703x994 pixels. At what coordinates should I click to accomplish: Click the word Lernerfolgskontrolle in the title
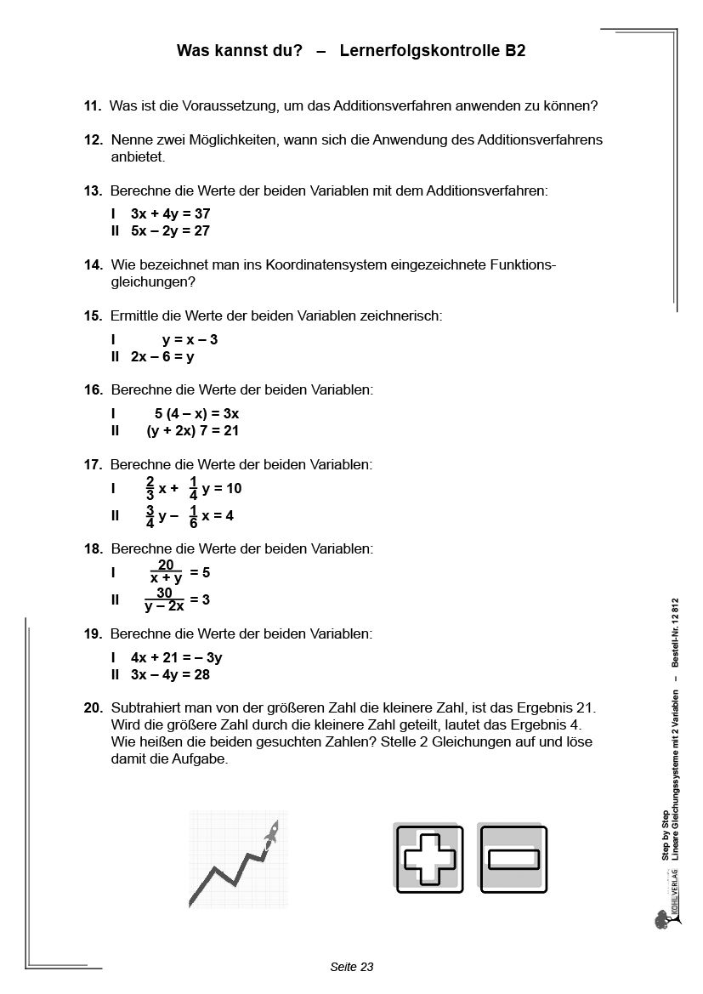pyautogui.click(x=420, y=51)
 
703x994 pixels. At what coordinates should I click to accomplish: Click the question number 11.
pyautogui.click(x=93, y=106)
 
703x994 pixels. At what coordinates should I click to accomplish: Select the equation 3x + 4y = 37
pyautogui.click(x=170, y=213)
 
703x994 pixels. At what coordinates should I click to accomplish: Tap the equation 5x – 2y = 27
pyautogui.click(x=170, y=230)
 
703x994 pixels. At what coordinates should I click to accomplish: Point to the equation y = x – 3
pyautogui.click(x=190, y=339)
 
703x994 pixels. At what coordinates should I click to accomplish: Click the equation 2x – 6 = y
pyautogui.click(x=162, y=357)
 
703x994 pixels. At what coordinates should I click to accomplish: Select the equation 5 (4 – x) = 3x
pyautogui.click(x=196, y=413)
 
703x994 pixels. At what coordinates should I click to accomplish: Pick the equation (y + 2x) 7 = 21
pyautogui.click(x=192, y=431)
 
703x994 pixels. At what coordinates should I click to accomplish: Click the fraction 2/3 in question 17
pyautogui.click(x=150, y=489)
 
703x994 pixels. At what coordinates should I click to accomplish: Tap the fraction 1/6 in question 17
pyautogui.click(x=193, y=516)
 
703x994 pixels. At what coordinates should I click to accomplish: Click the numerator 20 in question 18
pyautogui.click(x=166, y=565)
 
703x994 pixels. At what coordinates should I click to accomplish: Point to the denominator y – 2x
pyautogui.click(x=164, y=607)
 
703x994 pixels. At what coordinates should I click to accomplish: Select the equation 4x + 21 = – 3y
pyautogui.click(x=177, y=657)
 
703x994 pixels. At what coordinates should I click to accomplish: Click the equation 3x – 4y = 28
pyautogui.click(x=170, y=674)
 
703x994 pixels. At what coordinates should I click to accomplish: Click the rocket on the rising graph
pyautogui.click(x=270, y=834)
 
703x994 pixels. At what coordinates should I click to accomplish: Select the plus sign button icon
pyautogui.click(x=428, y=859)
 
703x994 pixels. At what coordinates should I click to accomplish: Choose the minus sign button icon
pyautogui.click(x=513, y=859)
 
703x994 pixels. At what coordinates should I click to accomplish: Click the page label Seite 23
pyautogui.click(x=351, y=967)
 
